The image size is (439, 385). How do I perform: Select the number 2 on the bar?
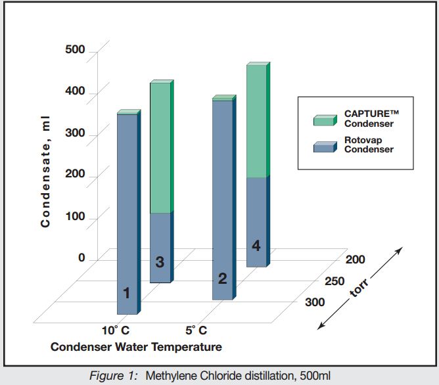pos(222,279)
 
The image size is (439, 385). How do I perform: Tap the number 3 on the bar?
pos(160,262)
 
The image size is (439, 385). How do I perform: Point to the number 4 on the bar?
pos(256,246)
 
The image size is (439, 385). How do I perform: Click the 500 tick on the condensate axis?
pos(74,51)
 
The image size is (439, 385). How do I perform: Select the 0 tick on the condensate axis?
pos(81,258)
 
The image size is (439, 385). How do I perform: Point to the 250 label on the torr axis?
pos(335,281)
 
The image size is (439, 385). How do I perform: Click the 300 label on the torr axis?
pos(315,302)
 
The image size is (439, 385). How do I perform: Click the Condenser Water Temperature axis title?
pos(136,346)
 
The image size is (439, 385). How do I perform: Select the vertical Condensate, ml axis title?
pos(45,170)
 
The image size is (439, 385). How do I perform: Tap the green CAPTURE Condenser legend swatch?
pos(325,118)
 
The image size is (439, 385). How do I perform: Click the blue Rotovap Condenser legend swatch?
pos(325,145)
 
